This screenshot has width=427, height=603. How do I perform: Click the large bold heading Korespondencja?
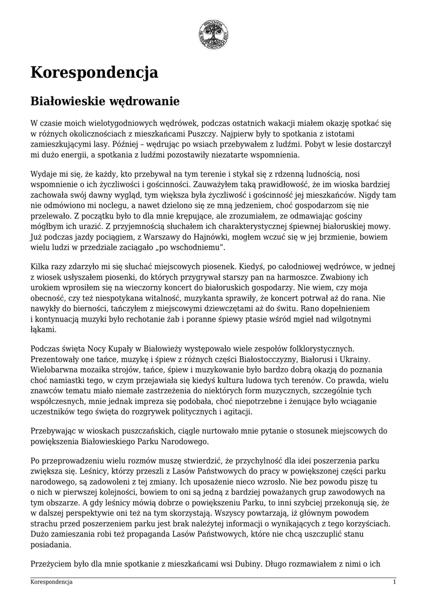coord(94,72)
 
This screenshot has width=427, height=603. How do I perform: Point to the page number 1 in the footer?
coord(394,582)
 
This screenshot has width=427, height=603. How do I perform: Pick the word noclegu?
coord(120,206)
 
